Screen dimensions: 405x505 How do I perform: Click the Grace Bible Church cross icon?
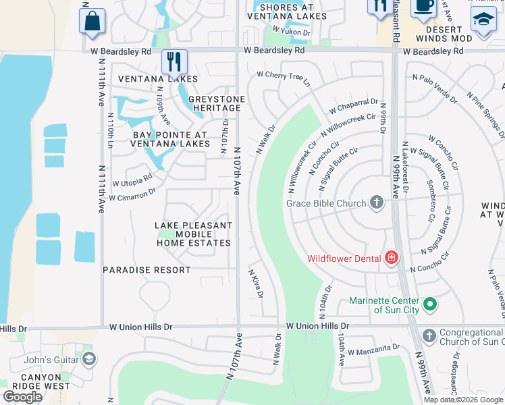[377, 202]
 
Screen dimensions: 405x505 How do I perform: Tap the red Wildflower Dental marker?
[390, 258]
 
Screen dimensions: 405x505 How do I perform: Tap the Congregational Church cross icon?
[429, 336]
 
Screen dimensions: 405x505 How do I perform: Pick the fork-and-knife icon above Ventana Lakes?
[174, 62]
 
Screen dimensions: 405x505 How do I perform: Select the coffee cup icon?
[423, 5]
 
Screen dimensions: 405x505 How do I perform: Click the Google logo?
[23, 397]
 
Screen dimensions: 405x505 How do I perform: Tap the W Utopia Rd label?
[132, 180]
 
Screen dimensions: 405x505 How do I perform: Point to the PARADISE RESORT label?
[147, 270]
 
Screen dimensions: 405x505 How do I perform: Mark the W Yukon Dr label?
[291, 32]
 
